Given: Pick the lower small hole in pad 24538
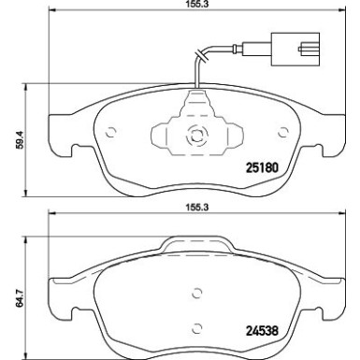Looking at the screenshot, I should (197, 327).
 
